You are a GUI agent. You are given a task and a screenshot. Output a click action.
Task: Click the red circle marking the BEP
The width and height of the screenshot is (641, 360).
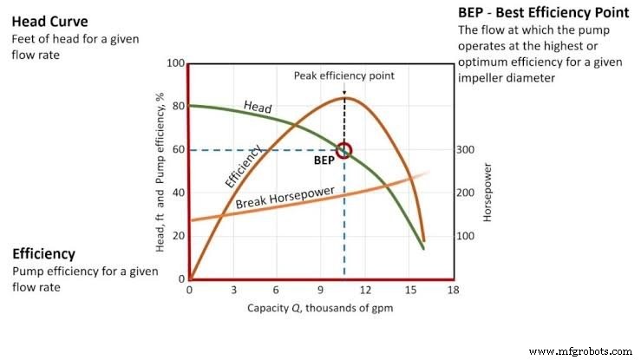pyautogui.click(x=344, y=150)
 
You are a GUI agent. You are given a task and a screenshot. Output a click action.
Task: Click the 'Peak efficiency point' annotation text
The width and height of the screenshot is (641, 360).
pyautogui.click(x=344, y=75)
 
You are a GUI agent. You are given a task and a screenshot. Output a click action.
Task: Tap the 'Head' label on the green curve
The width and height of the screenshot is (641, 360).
pyautogui.click(x=258, y=108)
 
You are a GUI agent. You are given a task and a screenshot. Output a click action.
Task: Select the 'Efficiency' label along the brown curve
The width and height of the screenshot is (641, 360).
pyautogui.click(x=245, y=167)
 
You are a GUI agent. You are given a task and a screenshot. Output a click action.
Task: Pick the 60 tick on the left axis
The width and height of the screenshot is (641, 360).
pyautogui.click(x=177, y=150)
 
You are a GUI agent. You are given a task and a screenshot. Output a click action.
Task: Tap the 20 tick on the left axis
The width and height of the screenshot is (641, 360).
pyautogui.click(x=177, y=236)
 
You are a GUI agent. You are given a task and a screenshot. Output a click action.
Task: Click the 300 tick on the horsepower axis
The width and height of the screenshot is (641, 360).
pyautogui.click(x=467, y=150)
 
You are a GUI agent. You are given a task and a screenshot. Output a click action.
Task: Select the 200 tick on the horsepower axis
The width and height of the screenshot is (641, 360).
pyautogui.click(x=467, y=193)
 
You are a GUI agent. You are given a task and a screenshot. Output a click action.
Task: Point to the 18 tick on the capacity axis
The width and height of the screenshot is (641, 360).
pyautogui.click(x=452, y=290)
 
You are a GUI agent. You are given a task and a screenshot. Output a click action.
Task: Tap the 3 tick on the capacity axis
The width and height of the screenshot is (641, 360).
pyautogui.click(x=233, y=290)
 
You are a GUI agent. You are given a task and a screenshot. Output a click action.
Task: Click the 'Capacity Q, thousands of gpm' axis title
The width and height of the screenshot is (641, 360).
pyautogui.click(x=320, y=307)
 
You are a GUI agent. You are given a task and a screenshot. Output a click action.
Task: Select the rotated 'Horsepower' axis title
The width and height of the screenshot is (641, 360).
pyautogui.click(x=487, y=193)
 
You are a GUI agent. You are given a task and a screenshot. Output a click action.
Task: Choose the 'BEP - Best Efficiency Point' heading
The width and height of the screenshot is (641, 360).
pyautogui.click(x=543, y=13)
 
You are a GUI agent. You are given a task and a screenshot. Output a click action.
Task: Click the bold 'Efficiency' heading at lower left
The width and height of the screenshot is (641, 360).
pyautogui.click(x=43, y=254)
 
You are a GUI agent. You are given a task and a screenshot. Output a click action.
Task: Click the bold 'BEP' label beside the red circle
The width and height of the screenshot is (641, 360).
pyautogui.click(x=324, y=160)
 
